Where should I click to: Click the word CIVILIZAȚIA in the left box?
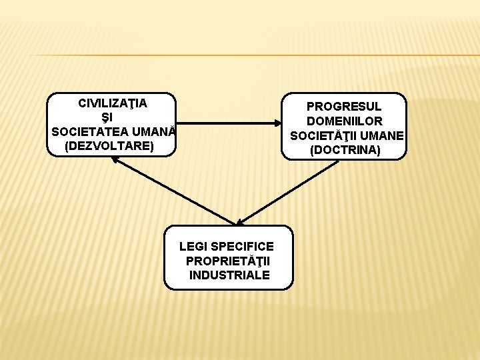click(113, 103)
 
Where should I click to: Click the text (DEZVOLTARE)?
click(109, 145)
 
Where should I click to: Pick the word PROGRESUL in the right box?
click(344, 107)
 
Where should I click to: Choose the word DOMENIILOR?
click(345, 121)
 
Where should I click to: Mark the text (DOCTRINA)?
click(345, 150)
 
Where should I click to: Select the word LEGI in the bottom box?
click(193, 247)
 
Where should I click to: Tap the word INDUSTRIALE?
click(229, 275)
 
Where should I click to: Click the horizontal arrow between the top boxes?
click(227, 123)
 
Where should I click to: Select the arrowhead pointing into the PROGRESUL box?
click(278, 123)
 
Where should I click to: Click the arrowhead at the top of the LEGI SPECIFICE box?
click(239, 222)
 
